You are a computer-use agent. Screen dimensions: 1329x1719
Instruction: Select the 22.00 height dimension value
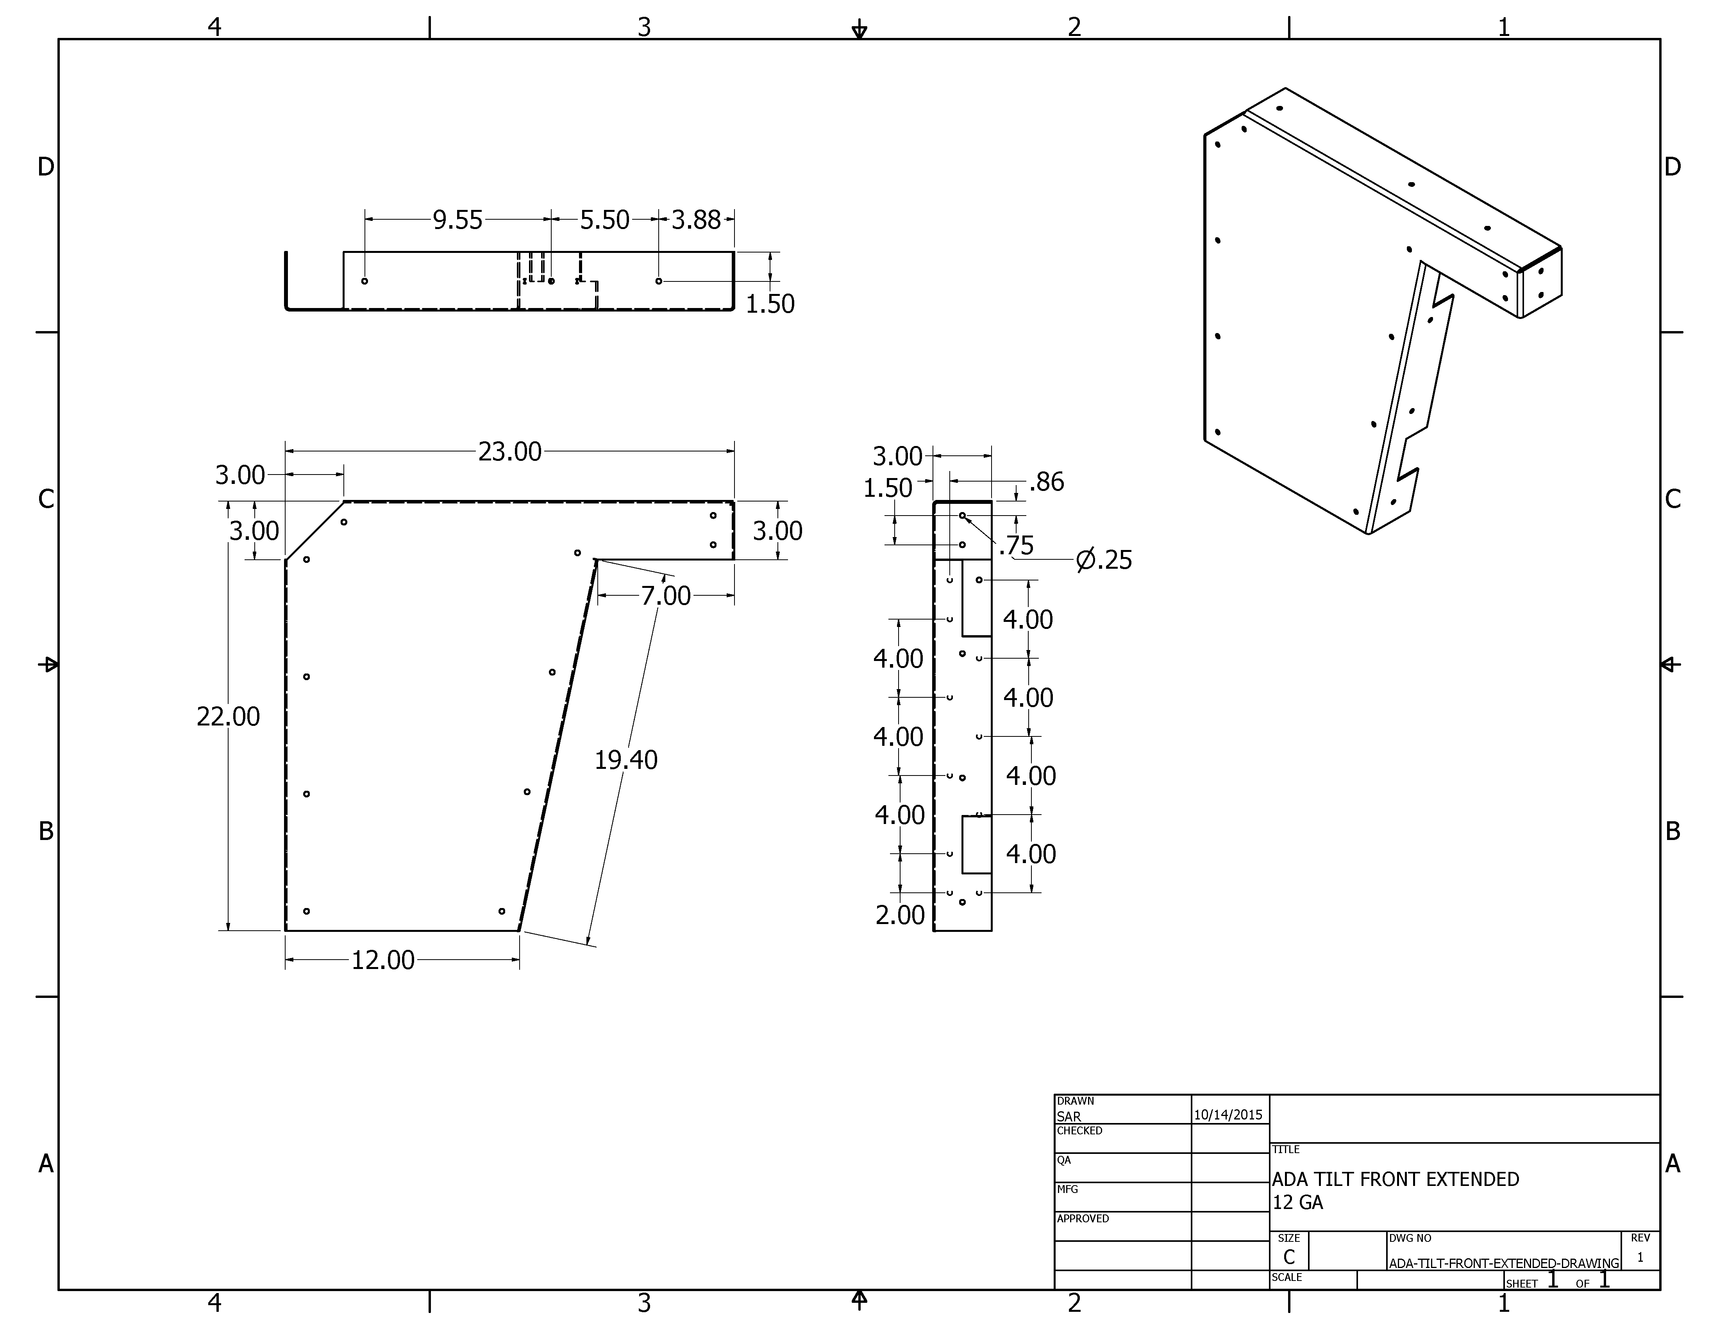tap(228, 716)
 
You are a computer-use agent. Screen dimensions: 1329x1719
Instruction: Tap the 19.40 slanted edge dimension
tap(626, 760)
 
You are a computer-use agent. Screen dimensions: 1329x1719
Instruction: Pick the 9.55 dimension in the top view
tap(457, 220)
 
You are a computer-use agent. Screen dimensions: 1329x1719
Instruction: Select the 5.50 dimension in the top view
tap(604, 220)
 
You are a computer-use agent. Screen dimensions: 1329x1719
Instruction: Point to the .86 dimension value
tap(1047, 482)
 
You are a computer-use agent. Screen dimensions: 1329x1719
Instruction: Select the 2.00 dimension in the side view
tap(900, 915)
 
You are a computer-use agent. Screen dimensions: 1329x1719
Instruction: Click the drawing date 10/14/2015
tap(1228, 1115)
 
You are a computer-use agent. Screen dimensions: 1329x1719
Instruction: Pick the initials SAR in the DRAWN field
tap(1069, 1116)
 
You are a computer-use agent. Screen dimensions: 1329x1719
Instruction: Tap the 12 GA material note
tap(1298, 1202)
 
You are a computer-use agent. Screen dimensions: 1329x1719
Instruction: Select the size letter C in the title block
tap(1289, 1257)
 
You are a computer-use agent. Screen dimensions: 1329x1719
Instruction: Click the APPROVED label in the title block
tap(1083, 1219)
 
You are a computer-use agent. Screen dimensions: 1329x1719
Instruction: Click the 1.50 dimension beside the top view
tap(770, 304)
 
